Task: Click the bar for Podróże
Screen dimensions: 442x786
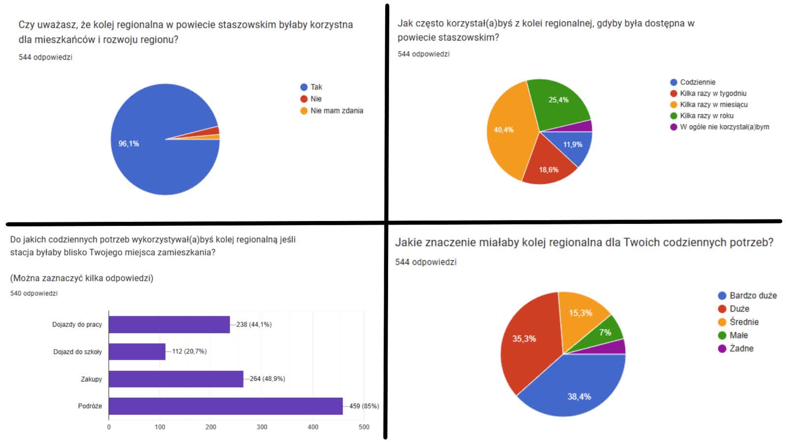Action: click(x=225, y=406)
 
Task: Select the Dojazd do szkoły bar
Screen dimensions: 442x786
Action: click(x=137, y=352)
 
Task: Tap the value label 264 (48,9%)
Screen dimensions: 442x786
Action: click(x=267, y=379)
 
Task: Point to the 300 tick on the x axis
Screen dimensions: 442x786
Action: click(x=262, y=427)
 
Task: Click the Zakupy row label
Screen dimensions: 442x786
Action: click(x=91, y=379)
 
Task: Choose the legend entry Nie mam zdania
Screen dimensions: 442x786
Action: click(x=337, y=111)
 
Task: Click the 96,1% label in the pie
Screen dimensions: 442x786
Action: click(x=129, y=144)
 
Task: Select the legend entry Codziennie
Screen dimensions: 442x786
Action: click(x=698, y=82)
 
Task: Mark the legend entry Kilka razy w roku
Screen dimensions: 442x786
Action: click(x=706, y=116)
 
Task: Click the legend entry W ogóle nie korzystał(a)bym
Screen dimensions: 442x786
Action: click(x=724, y=127)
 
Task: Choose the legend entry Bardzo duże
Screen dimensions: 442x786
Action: click(x=753, y=296)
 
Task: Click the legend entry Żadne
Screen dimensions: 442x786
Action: click(x=741, y=349)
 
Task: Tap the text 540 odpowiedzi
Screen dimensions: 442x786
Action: click(x=34, y=294)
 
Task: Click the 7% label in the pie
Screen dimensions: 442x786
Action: click(x=605, y=332)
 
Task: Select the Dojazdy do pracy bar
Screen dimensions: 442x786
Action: click(x=169, y=325)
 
